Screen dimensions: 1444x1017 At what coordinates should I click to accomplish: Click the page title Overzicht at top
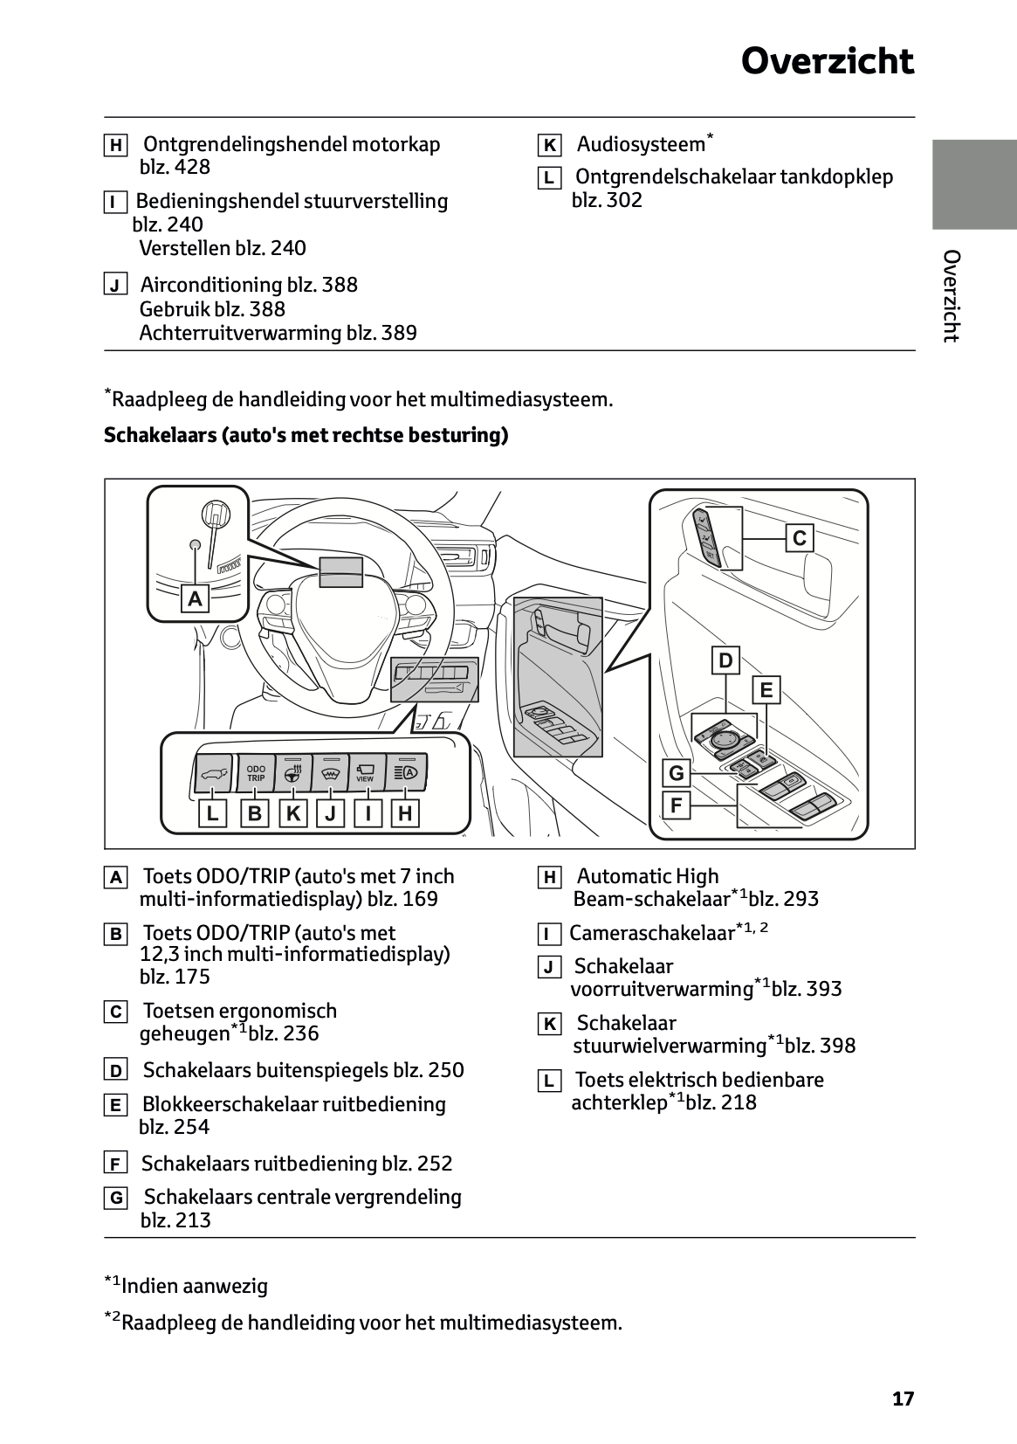[x=827, y=63]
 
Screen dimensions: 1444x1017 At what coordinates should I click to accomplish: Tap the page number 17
[x=903, y=1399]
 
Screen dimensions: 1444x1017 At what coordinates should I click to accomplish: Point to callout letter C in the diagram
[x=799, y=538]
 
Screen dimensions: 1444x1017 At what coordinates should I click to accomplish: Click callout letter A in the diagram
[x=196, y=599]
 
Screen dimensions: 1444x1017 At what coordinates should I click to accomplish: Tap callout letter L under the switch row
[x=211, y=814]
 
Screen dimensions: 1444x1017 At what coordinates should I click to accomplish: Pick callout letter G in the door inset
[x=676, y=773]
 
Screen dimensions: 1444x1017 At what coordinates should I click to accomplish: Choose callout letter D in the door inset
[x=725, y=660]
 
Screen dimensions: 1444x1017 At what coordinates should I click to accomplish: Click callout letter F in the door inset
[x=676, y=805]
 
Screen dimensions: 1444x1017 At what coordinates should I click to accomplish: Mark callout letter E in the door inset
[x=766, y=690]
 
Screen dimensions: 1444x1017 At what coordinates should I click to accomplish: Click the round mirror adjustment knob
[x=724, y=740]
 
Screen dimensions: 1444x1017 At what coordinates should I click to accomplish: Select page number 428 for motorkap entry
[x=192, y=167]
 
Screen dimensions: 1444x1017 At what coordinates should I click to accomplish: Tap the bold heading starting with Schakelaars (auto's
[x=306, y=435]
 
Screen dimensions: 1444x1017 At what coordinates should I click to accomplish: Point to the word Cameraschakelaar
[x=651, y=933]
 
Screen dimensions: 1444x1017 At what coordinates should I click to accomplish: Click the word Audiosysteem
[x=640, y=144]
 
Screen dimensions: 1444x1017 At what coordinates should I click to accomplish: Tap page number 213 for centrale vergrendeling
[x=193, y=1220]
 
